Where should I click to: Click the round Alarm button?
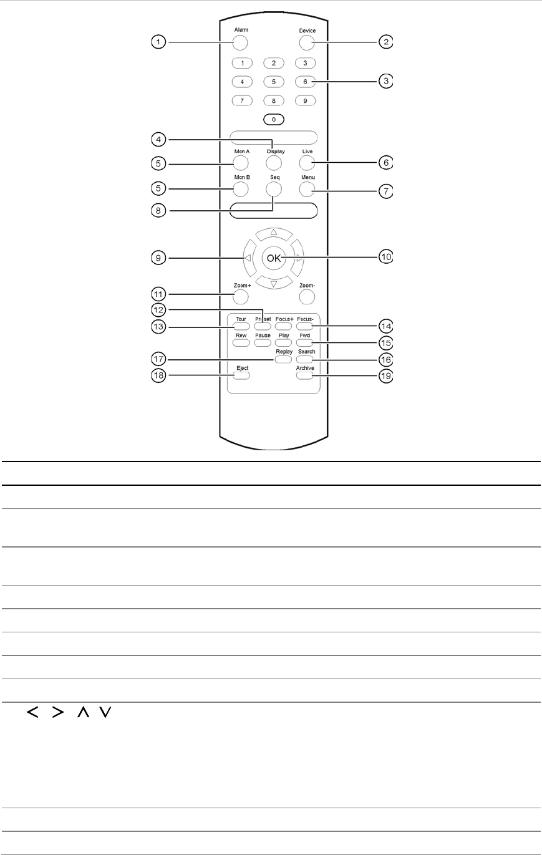click(x=240, y=42)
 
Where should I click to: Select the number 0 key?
click(x=273, y=118)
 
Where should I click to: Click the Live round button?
click(x=305, y=163)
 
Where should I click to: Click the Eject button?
click(x=242, y=375)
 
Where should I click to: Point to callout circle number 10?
click(x=386, y=256)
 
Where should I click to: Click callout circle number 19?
click(x=386, y=376)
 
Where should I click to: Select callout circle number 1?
click(x=160, y=42)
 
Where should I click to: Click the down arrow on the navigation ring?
click(x=273, y=283)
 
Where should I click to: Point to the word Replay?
click(x=284, y=352)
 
